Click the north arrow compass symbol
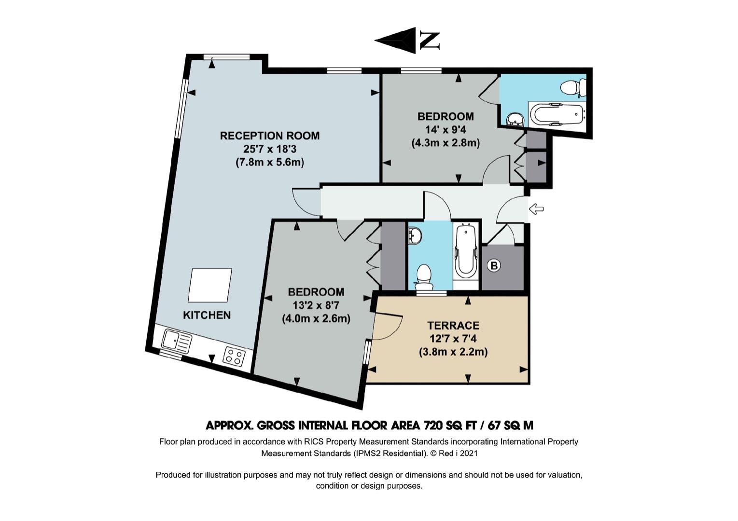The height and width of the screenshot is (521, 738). pyautogui.click(x=407, y=41)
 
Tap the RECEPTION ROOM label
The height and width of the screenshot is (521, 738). pyautogui.click(x=270, y=136)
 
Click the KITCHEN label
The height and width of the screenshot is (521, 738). pyautogui.click(x=207, y=315)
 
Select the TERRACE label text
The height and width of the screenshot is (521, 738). pyautogui.click(x=453, y=325)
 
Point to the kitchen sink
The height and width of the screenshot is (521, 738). pyautogui.click(x=176, y=342)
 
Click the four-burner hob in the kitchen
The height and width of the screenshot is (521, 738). pyautogui.click(x=234, y=356)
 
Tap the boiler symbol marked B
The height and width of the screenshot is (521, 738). pyautogui.click(x=494, y=265)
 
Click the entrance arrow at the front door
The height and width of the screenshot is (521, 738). pyautogui.click(x=536, y=209)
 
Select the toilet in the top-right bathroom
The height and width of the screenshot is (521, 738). pyautogui.click(x=573, y=88)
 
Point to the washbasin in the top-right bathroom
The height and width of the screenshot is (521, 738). pyautogui.click(x=515, y=120)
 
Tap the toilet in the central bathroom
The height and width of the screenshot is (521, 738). pyautogui.click(x=424, y=278)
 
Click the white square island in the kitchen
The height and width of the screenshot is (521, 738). pyautogui.click(x=210, y=286)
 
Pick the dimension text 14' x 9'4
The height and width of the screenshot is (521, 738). pyautogui.click(x=446, y=130)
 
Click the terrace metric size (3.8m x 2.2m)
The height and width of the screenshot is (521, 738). pyautogui.click(x=453, y=352)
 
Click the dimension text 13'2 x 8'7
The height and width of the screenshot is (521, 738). pyautogui.click(x=316, y=305)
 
